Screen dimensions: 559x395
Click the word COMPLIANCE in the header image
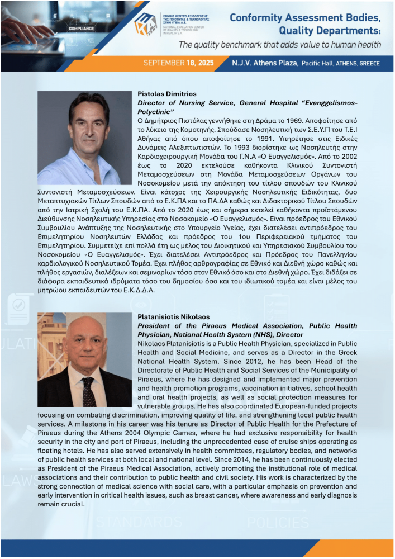point(81,27)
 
